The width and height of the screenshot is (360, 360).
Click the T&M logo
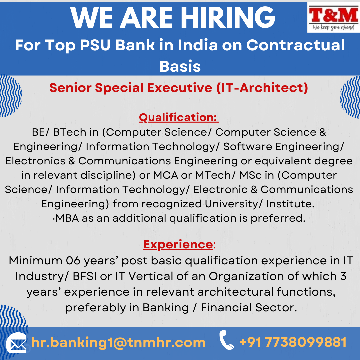(333, 17)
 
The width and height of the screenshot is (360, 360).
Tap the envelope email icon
(16, 343)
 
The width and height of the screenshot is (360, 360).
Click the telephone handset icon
(226, 340)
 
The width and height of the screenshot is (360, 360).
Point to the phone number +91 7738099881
(293, 342)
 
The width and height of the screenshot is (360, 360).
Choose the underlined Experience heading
(178, 244)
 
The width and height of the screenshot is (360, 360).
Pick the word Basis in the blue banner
(180, 66)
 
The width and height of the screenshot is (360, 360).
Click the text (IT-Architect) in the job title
(262, 88)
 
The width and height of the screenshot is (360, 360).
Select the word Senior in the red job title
(70, 88)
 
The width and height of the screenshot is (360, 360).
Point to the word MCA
(166, 175)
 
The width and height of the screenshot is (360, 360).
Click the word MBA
(67, 218)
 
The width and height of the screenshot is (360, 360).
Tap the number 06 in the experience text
(73, 261)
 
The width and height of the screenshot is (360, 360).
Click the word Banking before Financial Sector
(166, 308)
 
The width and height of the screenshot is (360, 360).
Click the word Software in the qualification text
(247, 146)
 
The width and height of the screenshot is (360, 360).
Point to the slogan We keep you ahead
(333, 28)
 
